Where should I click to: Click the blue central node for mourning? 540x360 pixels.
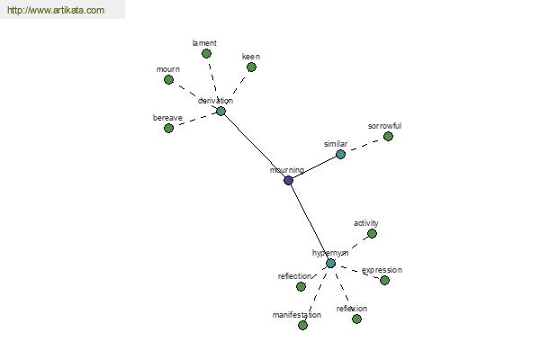pos(288,180)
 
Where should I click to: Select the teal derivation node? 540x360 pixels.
pos(220,111)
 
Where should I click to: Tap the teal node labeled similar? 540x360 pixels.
pos(340,154)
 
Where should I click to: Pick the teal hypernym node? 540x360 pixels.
pos(330,263)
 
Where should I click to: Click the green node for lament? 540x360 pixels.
pos(206,54)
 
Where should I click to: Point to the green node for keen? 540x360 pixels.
pos(251,67)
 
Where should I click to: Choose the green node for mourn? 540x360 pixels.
pos(168,79)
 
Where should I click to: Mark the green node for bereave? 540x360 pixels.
pos(168,128)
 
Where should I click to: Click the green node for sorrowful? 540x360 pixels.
pos(388,136)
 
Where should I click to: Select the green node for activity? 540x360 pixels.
pos(372,233)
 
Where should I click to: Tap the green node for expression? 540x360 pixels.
pos(384,280)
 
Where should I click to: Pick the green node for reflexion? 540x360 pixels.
pos(356,319)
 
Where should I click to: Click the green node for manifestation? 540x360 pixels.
pos(302,325)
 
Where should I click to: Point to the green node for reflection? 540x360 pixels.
pos(301,286)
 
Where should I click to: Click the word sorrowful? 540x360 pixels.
pos(385,126)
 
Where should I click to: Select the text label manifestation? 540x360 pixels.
pos(296,315)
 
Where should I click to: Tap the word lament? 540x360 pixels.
pos(204,43)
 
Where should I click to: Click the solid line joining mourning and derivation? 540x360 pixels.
pos(255,146)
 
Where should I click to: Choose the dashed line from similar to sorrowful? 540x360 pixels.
pos(364,145)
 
